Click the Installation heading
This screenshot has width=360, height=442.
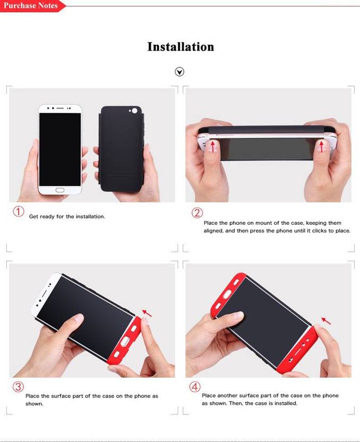(181, 47)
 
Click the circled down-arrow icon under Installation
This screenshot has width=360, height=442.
(179, 72)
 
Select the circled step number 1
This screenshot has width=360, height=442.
(19, 211)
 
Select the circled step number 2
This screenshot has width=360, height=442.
(197, 212)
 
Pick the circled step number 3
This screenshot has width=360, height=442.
(18, 386)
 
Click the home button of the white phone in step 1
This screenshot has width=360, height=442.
(60, 190)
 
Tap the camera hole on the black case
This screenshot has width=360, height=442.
(135, 111)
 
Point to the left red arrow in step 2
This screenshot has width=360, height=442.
(213, 146)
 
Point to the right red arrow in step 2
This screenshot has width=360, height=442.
(321, 146)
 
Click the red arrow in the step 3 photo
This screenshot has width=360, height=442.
(147, 313)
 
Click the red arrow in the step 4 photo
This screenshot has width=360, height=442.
(326, 321)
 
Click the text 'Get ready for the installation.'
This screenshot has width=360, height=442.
(67, 217)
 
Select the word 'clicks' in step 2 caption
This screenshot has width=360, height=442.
(320, 231)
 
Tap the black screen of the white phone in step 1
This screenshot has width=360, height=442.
(60, 149)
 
